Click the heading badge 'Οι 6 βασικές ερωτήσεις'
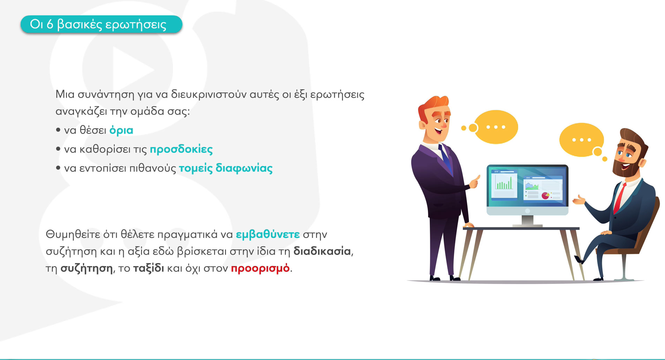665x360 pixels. pos(101,24)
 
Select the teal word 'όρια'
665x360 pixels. pos(121,130)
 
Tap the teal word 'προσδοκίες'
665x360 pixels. pos(181,149)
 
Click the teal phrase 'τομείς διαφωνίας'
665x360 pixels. pos(226,168)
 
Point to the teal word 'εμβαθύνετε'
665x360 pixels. pos(268,234)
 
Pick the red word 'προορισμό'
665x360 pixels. pos(260,268)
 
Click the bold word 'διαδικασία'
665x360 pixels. pos(322,251)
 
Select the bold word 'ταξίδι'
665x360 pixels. pos(149,268)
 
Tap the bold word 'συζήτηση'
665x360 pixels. pos(87,268)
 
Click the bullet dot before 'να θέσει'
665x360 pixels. pos(58,130)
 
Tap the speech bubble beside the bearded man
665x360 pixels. pos(582,140)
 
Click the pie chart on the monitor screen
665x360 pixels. pos(545,195)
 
